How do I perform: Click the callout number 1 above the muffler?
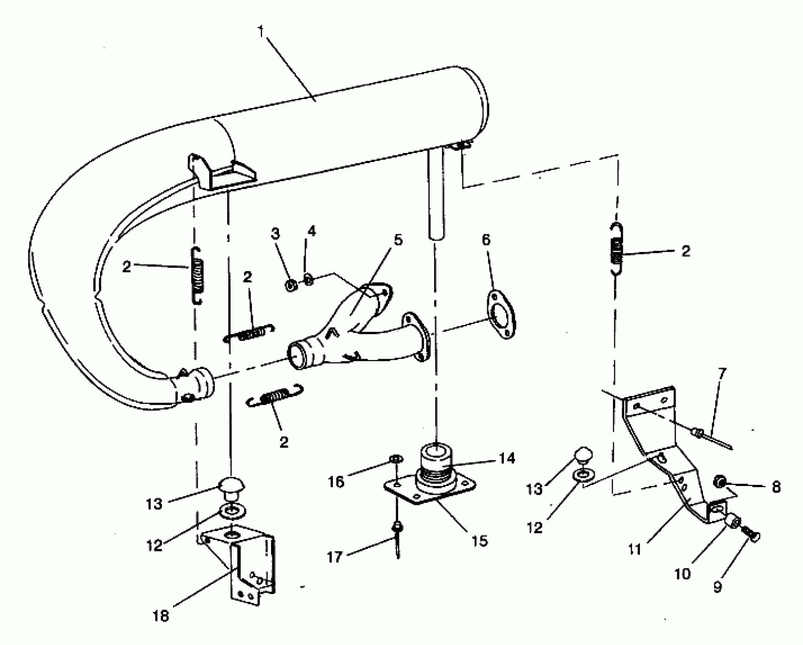click(x=261, y=31)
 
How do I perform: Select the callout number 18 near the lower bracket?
click(x=161, y=615)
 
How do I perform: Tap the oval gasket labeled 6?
click(x=500, y=319)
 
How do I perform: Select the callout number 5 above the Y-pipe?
click(x=398, y=240)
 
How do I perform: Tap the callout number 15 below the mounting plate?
click(x=479, y=541)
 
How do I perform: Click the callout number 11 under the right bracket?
click(x=634, y=549)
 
